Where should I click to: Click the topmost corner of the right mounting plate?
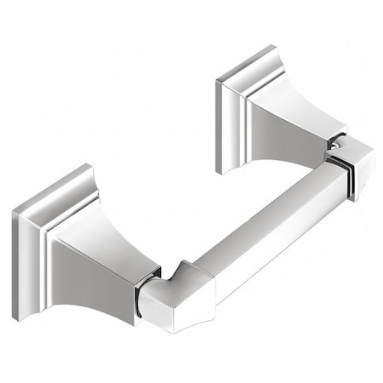277,46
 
